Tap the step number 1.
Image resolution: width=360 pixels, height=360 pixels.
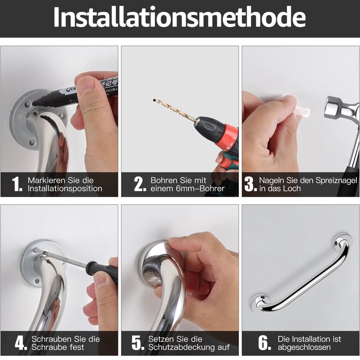pyautogui.click(x=17, y=184)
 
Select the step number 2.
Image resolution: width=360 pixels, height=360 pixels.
pyautogui.click(x=139, y=184)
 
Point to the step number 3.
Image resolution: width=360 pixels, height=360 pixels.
pyautogui.click(x=250, y=184)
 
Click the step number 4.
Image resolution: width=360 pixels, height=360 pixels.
pyautogui.click(x=21, y=343)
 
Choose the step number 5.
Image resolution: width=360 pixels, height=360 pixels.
pyautogui.click(x=138, y=343)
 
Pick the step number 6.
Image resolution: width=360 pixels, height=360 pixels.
pyautogui.click(x=265, y=343)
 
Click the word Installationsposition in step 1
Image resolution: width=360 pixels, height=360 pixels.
pyautogui.click(x=65, y=189)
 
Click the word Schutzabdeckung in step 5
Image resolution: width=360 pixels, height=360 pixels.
pyautogui.click(x=189, y=347)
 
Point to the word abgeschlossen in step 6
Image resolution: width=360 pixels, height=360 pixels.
pyautogui.click(x=304, y=347)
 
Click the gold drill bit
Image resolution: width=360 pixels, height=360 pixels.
pyautogui.click(x=175, y=109)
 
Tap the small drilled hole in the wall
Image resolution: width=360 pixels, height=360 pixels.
pyautogui.click(x=154, y=100)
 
